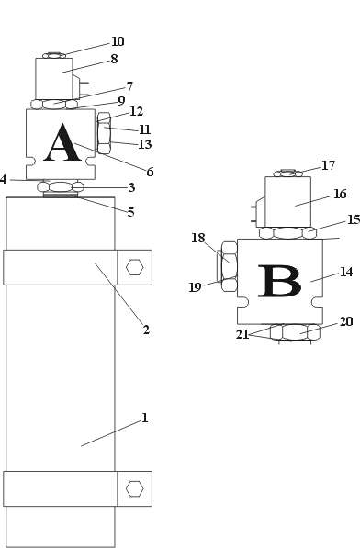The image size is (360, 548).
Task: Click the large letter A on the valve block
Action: click(x=62, y=142)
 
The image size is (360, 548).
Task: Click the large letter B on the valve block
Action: click(x=279, y=281)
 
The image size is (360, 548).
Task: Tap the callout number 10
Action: click(x=118, y=41)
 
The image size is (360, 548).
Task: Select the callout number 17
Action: click(x=328, y=165)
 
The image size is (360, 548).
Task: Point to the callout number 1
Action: click(x=145, y=418)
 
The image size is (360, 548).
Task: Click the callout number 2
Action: click(x=146, y=330)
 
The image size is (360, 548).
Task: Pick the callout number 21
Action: click(x=242, y=334)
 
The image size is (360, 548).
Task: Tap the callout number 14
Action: click(x=346, y=272)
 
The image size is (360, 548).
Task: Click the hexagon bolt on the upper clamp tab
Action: click(x=135, y=267)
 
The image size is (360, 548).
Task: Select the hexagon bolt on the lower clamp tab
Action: click(x=135, y=488)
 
